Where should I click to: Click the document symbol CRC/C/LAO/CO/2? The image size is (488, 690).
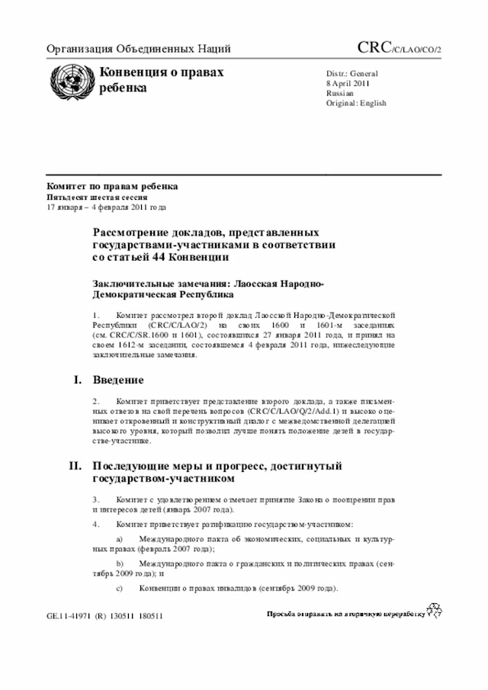pos(400,49)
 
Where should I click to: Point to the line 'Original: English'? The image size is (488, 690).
pos(356,103)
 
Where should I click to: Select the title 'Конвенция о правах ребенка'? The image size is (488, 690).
pos(161,80)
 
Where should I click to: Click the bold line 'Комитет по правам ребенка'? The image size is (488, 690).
pos(112,186)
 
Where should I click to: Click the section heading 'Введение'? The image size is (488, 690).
pos(118,380)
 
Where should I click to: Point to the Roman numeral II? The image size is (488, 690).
pos(76,466)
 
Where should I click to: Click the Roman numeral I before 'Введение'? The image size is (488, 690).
pos(78,380)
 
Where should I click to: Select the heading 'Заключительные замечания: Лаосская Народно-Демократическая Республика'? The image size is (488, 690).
pos(207,289)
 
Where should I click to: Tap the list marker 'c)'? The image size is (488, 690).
pos(119,589)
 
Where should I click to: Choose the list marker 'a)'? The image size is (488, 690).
pos(119,539)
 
